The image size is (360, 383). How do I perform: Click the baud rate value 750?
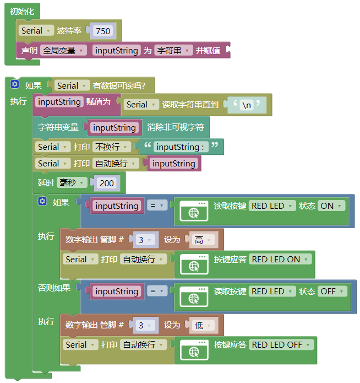(x=103, y=31)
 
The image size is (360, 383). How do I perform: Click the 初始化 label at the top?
(x=22, y=11)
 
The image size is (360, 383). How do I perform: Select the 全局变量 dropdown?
(x=63, y=51)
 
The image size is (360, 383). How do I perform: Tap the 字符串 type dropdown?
(x=173, y=51)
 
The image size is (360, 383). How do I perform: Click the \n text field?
(x=247, y=105)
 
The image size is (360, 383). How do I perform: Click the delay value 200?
(x=107, y=183)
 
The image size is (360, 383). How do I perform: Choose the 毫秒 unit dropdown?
(x=72, y=183)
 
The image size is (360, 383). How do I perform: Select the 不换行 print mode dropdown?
(x=112, y=147)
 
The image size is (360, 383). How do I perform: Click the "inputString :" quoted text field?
(x=181, y=147)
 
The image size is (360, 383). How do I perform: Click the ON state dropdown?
(x=331, y=206)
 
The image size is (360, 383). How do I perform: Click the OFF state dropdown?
(x=332, y=292)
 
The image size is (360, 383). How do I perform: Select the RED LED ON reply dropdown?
(x=280, y=259)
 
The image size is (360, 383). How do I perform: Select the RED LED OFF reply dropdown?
(x=281, y=344)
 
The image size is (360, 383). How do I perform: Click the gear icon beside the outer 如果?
(x=15, y=84)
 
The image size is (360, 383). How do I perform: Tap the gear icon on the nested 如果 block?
(x=42, y=201)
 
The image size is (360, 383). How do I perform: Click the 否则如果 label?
(x=54, y=288)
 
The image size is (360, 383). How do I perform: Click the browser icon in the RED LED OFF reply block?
(x=194, y=350)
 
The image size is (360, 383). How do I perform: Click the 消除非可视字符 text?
(x=176, y=127)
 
